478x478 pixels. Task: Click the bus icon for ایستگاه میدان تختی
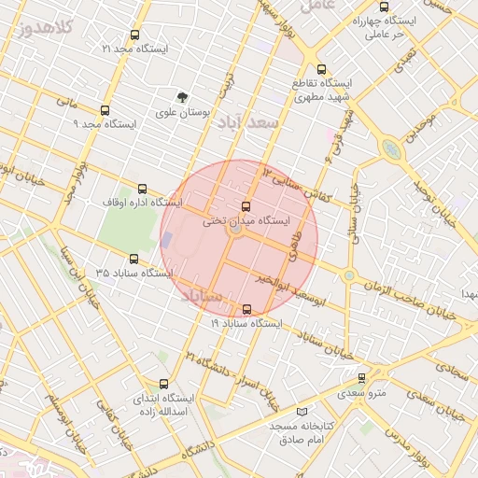tap(246, 206)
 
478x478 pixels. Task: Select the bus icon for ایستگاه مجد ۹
tap(105, 110)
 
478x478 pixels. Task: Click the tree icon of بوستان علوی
tap(183, 96)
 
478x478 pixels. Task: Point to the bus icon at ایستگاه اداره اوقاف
tap(142, 188)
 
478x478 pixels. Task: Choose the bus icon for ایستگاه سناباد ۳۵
tap(133, 260)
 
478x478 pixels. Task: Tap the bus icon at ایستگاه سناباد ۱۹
tap(246, 309)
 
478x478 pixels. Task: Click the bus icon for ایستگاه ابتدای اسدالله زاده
tap(164, 383)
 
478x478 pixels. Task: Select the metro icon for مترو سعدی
tap(362, 378)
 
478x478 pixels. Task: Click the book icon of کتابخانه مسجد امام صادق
tap(301, 411)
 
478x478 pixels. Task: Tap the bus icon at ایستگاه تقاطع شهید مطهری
tap(322, 68)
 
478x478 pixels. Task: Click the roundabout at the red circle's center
tap(237, 229)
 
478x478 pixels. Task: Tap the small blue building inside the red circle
tap(166, 240)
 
